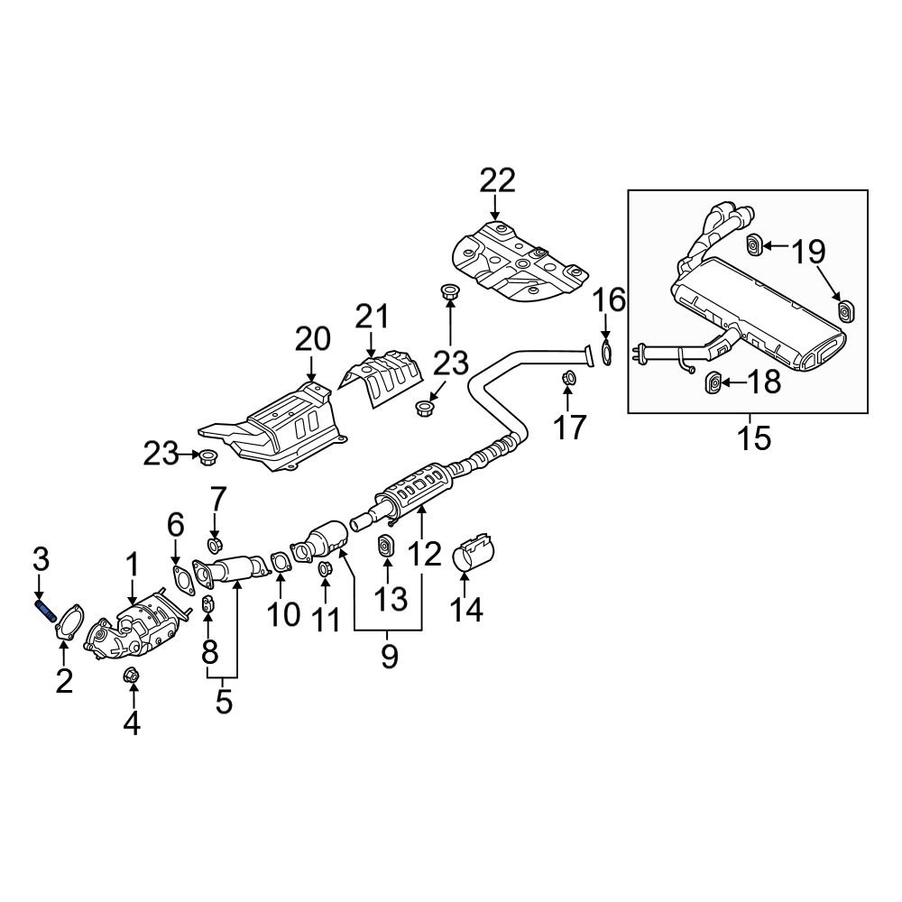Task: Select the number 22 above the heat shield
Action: pos(497,181)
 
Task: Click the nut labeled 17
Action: pos(569,378)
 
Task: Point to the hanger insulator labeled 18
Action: pos(713,384)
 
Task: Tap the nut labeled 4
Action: pos(130,675)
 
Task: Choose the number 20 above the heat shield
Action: pos(313,339)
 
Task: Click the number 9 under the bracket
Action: pos(389,657)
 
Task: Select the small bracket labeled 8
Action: pos(207,604)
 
